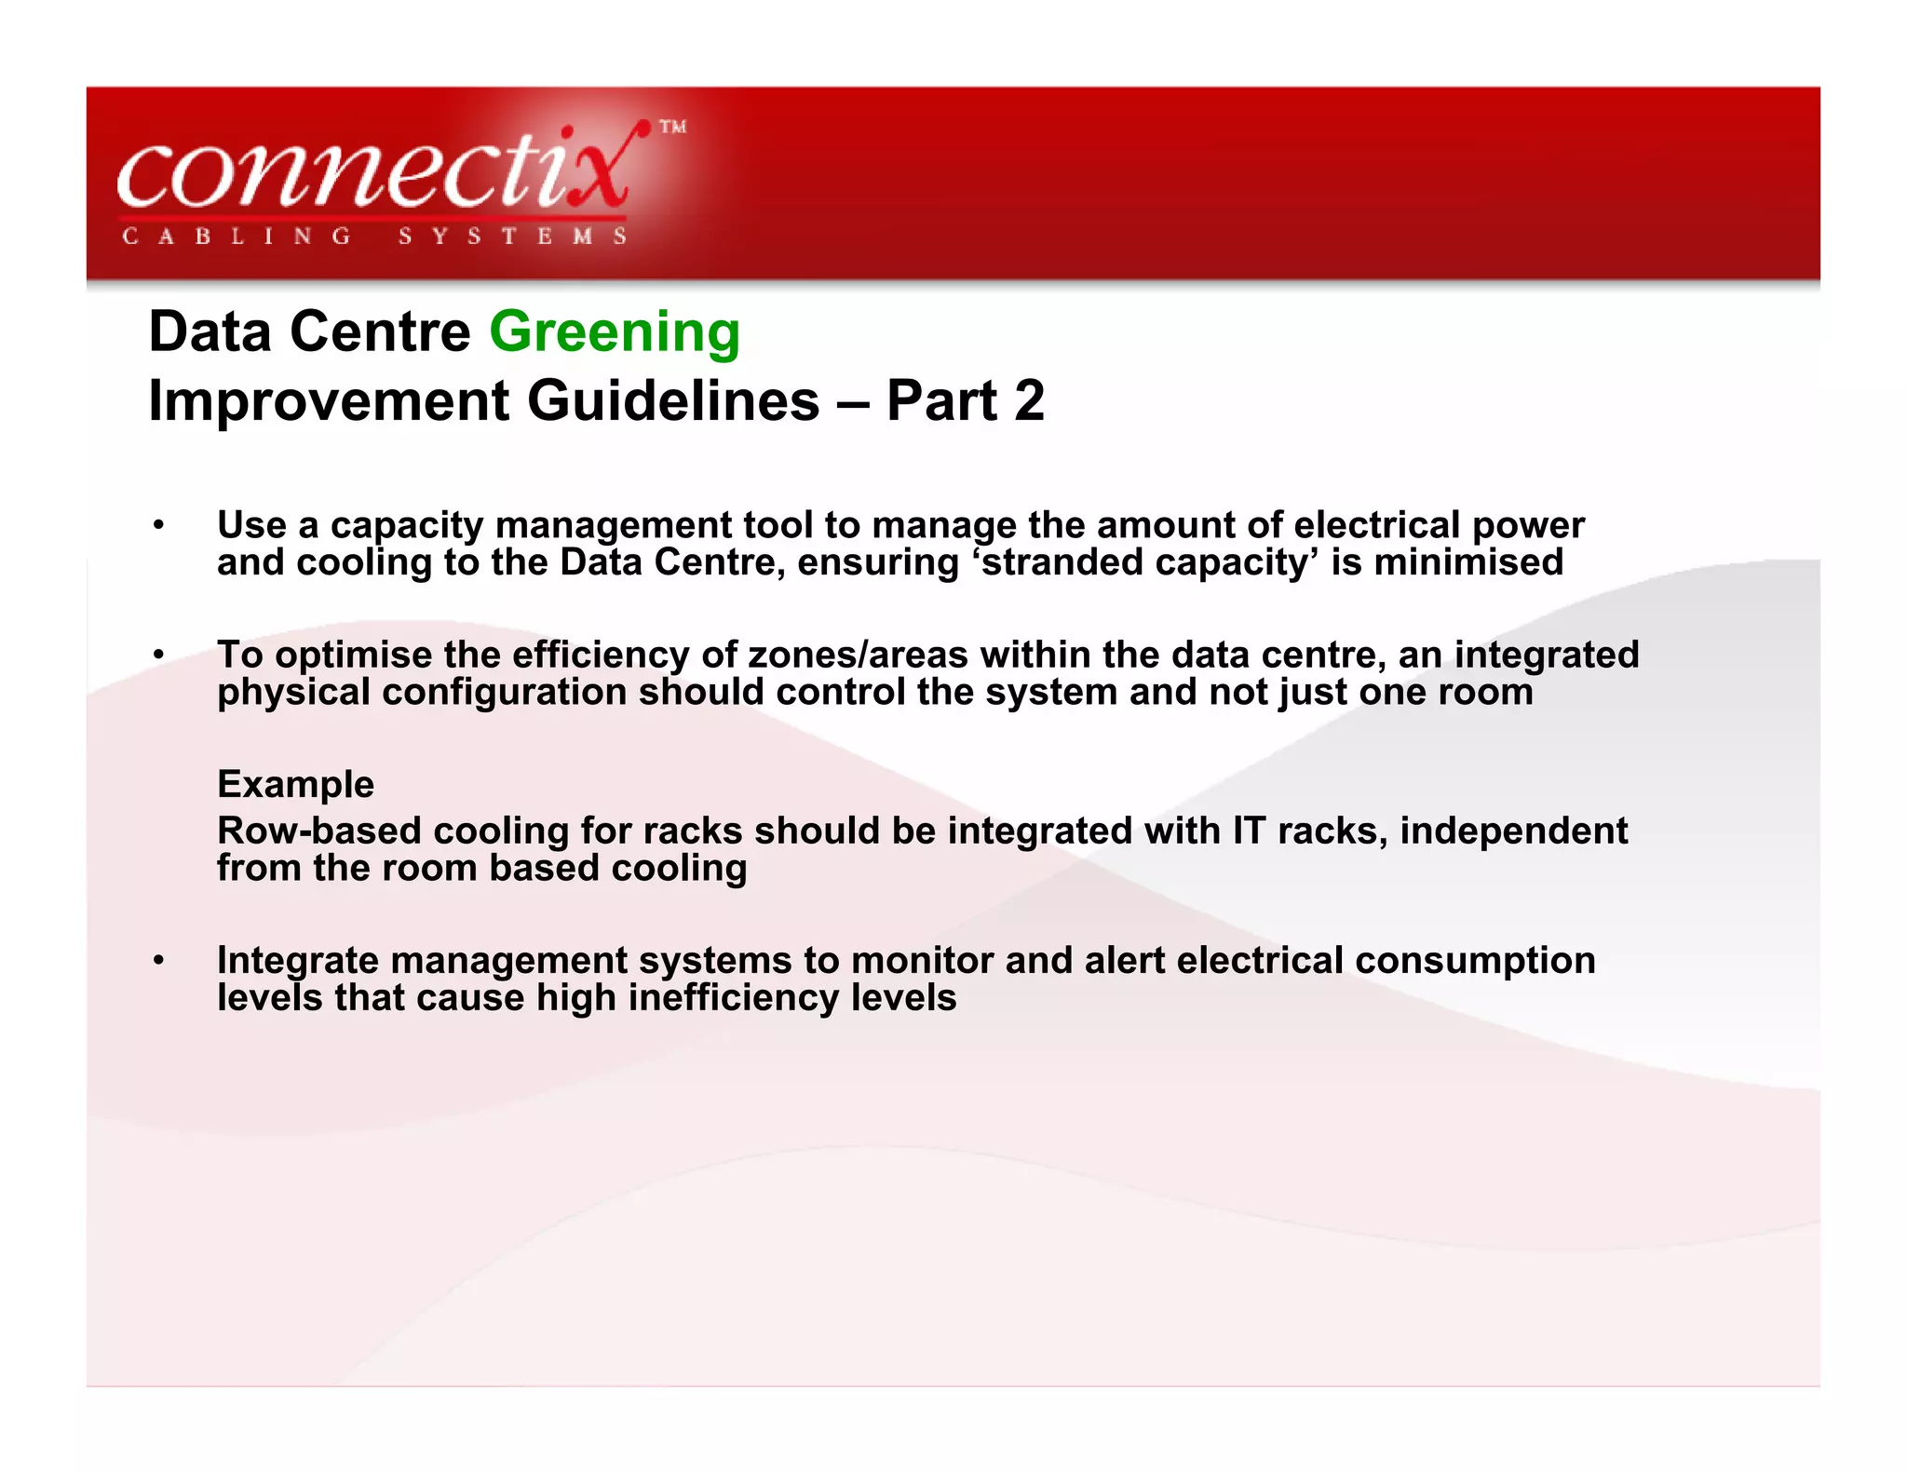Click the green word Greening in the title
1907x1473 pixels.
pyautogui.click(x=615, y=332)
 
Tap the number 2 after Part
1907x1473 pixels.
pyautogui.click(x=1029, y=401)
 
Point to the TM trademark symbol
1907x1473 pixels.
pyautogui.click(x=673, y=127)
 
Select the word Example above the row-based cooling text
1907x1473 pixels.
pyautogui.click(x=295, y=784)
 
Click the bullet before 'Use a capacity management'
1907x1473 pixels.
pyautogui.click(x=159, y=525)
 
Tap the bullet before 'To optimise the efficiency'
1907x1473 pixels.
pyautogui.click(x=159, y=655)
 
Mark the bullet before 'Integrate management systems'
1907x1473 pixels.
pyautogui.click(x=159, y=960)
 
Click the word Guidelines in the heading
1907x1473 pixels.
pyautogui.click(x=673, y=401)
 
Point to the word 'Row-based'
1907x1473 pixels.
pyautogui.click(x=318, y=831)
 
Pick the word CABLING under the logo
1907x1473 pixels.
pyautogui.click(x=237, y=236)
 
